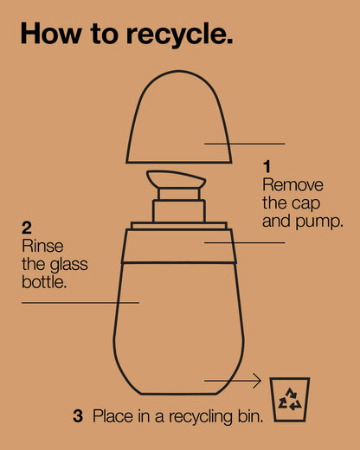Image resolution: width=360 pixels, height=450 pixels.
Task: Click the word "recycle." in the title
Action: pyautogui.click(x=179, y=35)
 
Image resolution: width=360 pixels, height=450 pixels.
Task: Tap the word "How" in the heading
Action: pyautogui.click(x=51, y=33)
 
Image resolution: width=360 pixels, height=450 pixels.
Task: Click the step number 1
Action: pyautogui.click(x=267, y=166)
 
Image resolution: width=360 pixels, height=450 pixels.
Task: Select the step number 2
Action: pyautogui.click(x=27, y=228)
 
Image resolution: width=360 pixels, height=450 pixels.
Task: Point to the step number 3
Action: pyautogui.click(x=78, y=416)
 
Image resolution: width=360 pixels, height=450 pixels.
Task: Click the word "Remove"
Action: pyautogui.click(x=292, y=184)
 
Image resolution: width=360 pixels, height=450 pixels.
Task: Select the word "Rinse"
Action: pyautogui.click(x=42, y=246)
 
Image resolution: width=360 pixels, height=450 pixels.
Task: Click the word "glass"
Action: pyautogui.click(x=69, y=265)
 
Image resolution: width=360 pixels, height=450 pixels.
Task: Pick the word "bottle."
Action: pyautogui.click(x=44, y=282)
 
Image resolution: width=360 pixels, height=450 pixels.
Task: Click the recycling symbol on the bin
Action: pyautogui.click(x=290, y=400)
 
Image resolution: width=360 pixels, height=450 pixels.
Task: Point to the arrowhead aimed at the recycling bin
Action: pyautogui.click(x=257, y=381)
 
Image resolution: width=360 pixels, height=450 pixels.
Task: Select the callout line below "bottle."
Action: pyautogui.click(x=80, y=303)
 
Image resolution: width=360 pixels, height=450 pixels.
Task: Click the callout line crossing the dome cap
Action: pyautogui.click(x=245, y=144)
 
